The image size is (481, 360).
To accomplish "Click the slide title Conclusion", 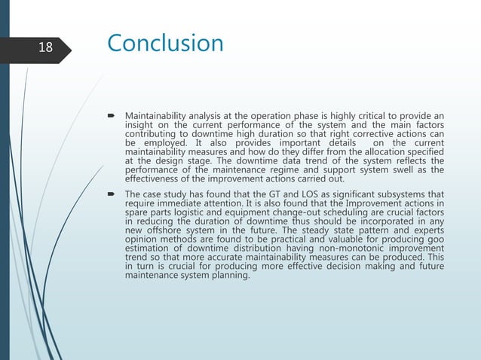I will pos(165,43).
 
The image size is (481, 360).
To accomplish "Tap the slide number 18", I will pos(45,47).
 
